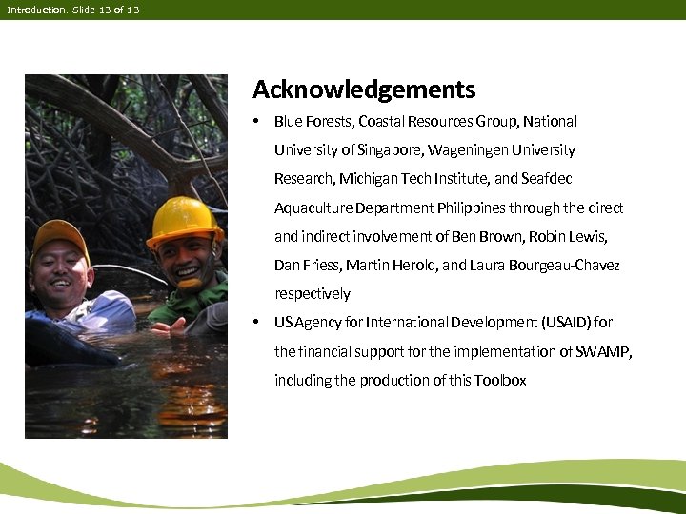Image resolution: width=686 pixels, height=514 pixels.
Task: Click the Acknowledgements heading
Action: [x=363, y=90]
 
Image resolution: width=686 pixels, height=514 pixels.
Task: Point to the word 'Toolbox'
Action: [x=501, y=380]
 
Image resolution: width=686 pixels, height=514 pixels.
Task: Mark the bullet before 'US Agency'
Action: [x=256, y=322]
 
